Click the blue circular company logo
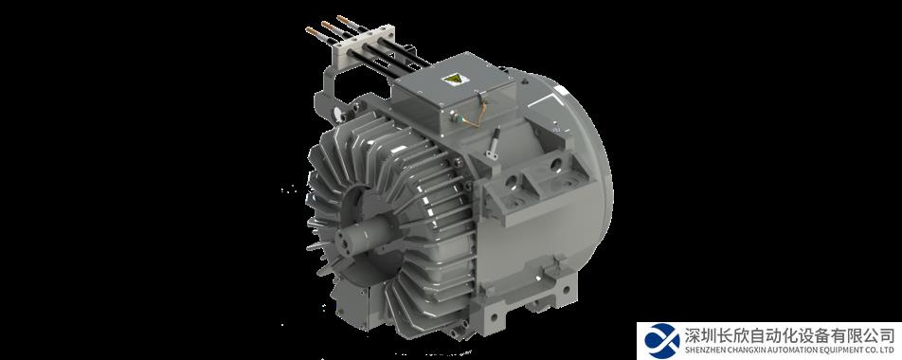(x=662, y=341)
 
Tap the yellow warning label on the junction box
(x=452, y=80)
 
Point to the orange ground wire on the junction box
(x=474, y=115)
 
